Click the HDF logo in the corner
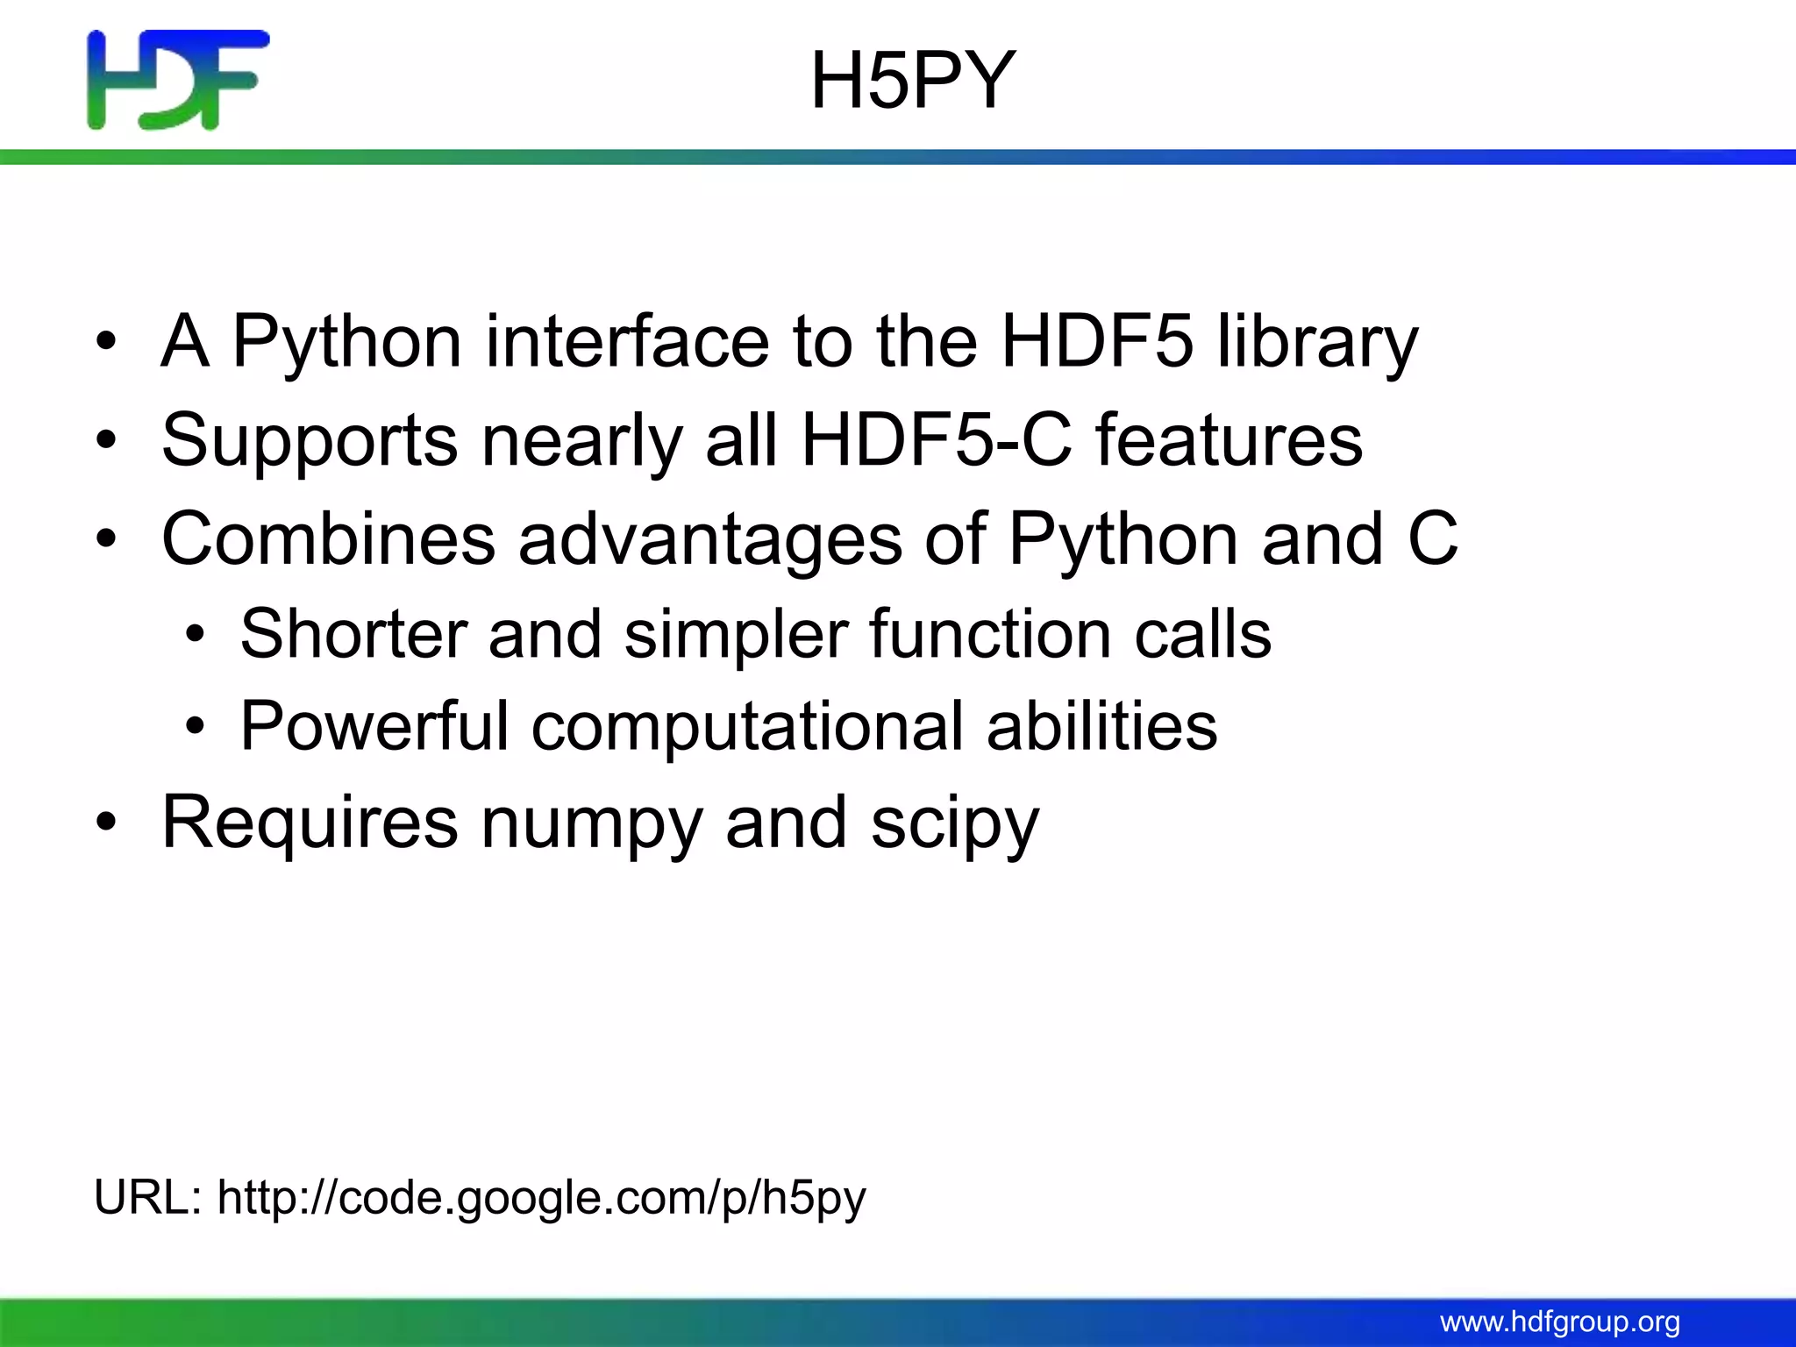click(x=178, y=80)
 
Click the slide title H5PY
click(x=912, y=82)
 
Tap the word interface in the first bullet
click(x=627, y=341)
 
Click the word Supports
click(x=310, y=440)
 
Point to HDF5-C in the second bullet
click(x=937, y=440)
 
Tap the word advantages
click(x=710, y=538)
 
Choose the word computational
click(x=747, y=726)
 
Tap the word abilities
click(x=1101, y=726)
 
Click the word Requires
click(x=310, y=823)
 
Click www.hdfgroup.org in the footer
click(x=1560, y=1322)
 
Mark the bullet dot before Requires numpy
click(x=106, y=823)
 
